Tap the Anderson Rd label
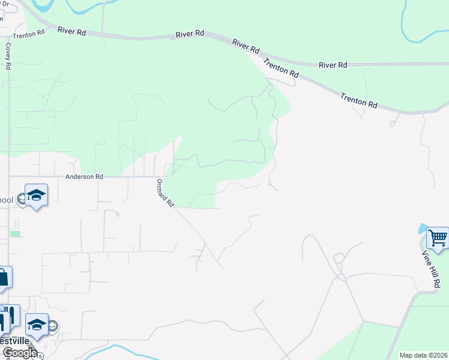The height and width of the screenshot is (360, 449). point(84,177)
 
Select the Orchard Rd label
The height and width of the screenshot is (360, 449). point(164,193)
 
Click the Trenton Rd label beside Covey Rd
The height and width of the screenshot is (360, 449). point(29,34)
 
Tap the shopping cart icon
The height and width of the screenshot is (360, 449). point(438,238)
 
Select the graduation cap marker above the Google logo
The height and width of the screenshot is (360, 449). point(37,325)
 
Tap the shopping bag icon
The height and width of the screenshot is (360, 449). point(2,278)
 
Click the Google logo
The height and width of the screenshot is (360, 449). point(20,353)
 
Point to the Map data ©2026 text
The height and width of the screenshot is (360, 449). point(423,355)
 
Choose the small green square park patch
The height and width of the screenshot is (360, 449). point(15,233)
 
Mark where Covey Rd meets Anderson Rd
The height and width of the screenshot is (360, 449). point(9,176)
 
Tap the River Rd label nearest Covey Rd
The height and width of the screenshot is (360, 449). point(71,31)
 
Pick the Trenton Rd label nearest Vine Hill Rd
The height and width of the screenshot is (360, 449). point(358,100)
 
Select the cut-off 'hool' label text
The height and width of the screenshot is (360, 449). point(7,200)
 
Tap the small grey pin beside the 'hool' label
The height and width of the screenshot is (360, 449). point(22,199)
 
